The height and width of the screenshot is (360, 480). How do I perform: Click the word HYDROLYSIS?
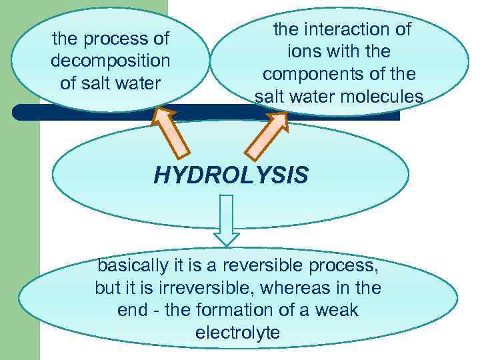coord(231,175)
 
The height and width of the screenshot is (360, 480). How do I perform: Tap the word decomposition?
coord(111,61)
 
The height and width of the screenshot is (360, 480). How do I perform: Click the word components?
coord(308,74)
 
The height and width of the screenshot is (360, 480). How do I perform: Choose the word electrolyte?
coord(237,333)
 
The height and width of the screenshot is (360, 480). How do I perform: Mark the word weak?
coord(339,310)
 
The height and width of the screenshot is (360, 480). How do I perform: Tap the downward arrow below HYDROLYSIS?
coord(227,221)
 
